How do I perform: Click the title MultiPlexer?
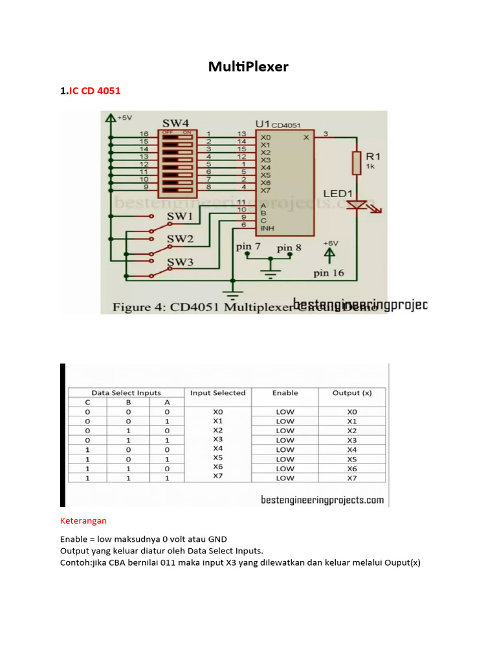point(248,66)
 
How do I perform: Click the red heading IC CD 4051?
point(90,91)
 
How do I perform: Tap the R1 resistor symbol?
point(356,163)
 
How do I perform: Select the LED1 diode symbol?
point(357,205)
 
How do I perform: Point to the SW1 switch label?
point(180,215)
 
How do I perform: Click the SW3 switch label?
point(180,262)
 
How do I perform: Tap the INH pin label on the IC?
point(267,229)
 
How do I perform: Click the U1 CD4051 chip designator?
point(278,123)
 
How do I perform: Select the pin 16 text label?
point(329,273)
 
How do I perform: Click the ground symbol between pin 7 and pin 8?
point(271,272)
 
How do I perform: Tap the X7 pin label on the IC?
point(265,191)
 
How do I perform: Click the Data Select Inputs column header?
point(126,392)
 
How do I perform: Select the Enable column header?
point(285,392)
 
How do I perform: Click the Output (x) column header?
point(351,392)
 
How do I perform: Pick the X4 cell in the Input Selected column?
point(217,447)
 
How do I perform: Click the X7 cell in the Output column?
point(351,478)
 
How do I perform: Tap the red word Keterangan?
point(83,520)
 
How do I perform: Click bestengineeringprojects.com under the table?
point(322,500)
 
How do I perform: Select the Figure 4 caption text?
point(201,307)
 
